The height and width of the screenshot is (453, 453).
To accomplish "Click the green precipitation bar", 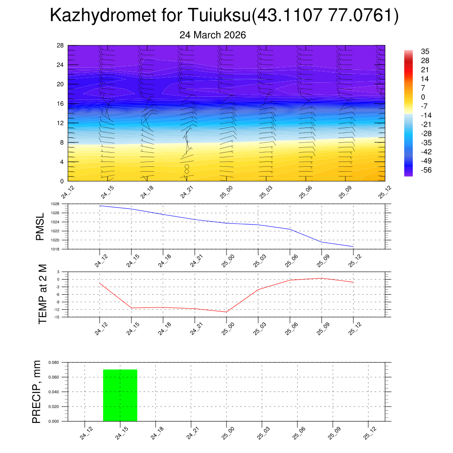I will (120, 395).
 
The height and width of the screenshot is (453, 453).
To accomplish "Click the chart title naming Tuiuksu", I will (224, 15).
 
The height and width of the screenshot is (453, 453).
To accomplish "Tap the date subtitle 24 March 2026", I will (212, 35).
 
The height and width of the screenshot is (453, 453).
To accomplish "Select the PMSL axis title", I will (40, 226).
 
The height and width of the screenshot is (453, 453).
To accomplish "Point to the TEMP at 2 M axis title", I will (42, 294).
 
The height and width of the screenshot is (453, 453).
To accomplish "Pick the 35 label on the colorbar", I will (413, 52).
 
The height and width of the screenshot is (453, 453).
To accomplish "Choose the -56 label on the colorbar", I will (414, 170).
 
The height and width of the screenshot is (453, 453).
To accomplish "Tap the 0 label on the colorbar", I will (411, 97).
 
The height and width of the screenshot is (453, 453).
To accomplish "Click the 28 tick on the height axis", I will (60, 46).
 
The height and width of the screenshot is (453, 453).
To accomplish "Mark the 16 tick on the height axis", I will (60, 104).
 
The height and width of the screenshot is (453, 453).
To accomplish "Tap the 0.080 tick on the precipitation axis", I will (54, 362).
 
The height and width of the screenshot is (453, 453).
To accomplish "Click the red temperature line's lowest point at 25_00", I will (226, 312).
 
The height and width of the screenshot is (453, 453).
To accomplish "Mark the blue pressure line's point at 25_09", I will (321, 242).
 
